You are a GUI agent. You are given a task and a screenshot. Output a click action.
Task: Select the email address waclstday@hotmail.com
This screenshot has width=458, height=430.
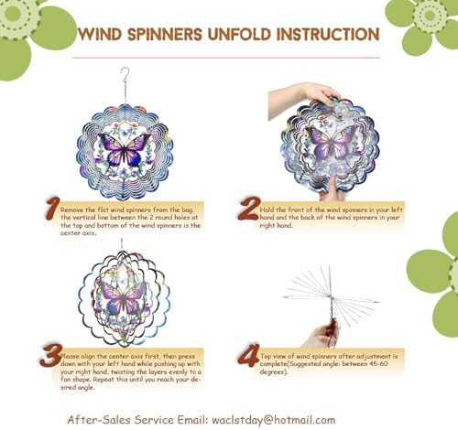(274, 419)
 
